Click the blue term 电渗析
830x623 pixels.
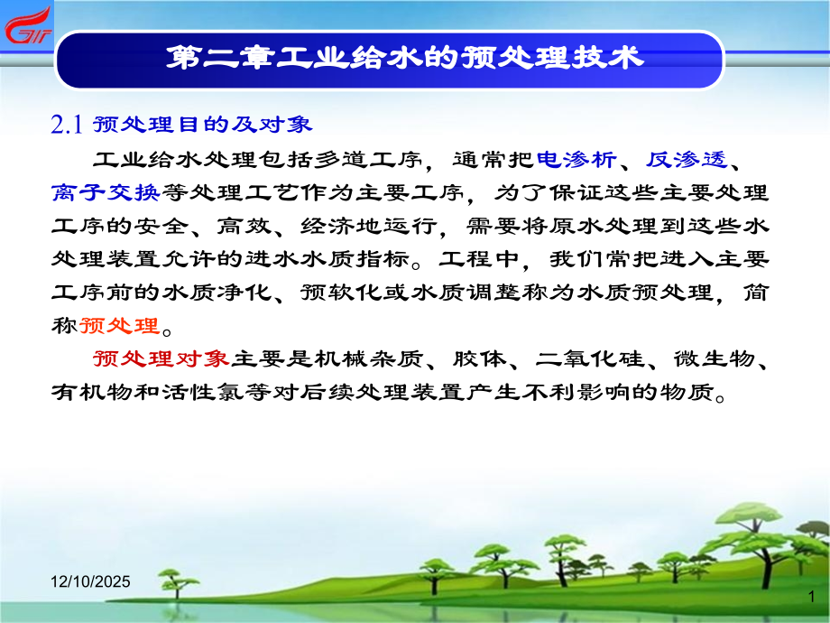point(576,160)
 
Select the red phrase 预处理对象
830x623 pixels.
point(161,359)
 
